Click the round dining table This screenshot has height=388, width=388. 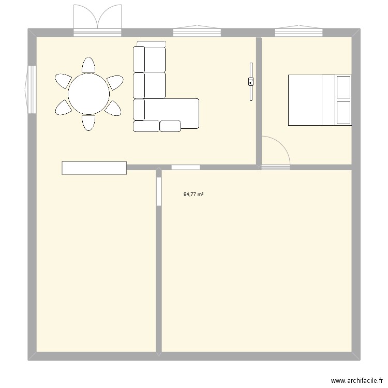pyautogui.click(x=88, y=94)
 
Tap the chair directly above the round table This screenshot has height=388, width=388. pyautogui.click(x=88, y=65)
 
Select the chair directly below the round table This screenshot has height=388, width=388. pyautogui.click(x=88, y=123)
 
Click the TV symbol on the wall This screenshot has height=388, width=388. pyautogui.click(x=251, y=81)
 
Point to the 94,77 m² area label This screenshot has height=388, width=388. pyautogui.click(x=193, y=195)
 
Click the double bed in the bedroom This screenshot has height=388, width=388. pyautogui.click(x=320, y=100)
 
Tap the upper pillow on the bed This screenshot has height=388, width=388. pyautogui.click(x=344, y=87)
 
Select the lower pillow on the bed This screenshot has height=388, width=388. pyautogui.click(x=344, y=113)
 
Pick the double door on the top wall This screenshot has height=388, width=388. pyautogui.click(x=97, y=20)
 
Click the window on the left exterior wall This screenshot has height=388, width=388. pyautogui.click(x=31, y=89)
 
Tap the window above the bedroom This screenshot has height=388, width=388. pyautogui.click(x=299, y=31)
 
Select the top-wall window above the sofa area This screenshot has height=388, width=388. pyautogui.click(x=197, y=31)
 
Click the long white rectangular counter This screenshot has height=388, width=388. pyautogui.click(x=94, y=168)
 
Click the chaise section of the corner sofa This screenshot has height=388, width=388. pyautogui.click(x=172, y=113)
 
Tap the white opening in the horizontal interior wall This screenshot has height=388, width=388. pyautogui.click(x=186, y=167)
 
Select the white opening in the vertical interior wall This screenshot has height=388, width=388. pyautogui.click(x=159, y=191)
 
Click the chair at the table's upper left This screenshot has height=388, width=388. pyautogui.click(x=63, y=81)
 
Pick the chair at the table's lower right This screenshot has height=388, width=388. pyautogui.click(x=113, y=108)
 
